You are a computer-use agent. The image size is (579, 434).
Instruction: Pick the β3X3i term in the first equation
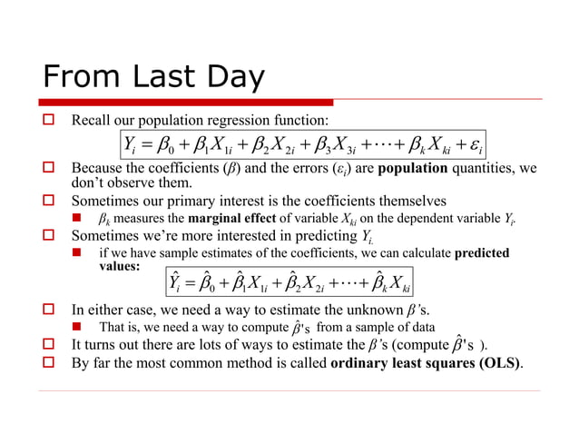[x=345, y=145]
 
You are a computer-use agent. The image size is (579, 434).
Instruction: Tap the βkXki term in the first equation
[x=426, y=145]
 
